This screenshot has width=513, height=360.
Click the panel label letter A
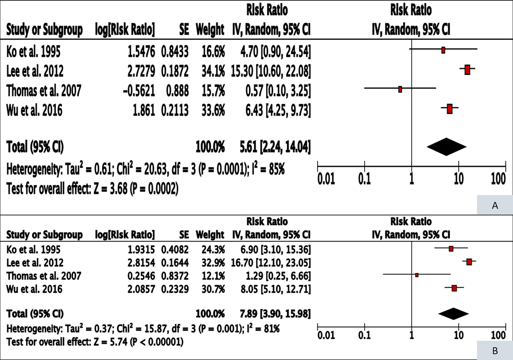[495, 206]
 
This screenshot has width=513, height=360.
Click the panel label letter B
[495, 351]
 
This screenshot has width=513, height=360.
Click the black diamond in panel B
[454, 314]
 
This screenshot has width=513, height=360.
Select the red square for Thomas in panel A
[400, 89]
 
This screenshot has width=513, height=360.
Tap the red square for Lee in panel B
[469, 262]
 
